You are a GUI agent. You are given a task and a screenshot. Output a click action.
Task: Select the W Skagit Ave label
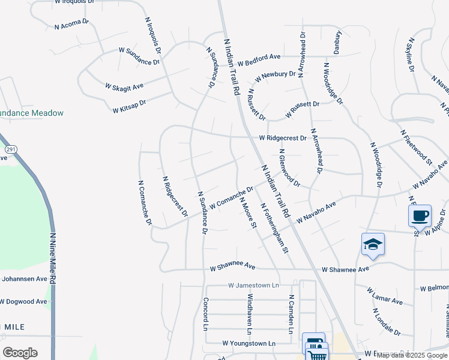[124, 88]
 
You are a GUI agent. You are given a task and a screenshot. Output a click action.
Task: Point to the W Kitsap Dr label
[129, 106]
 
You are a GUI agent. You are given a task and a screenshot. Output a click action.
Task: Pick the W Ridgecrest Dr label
[283, 138]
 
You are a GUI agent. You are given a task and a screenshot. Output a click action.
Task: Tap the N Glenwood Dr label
[289, 167]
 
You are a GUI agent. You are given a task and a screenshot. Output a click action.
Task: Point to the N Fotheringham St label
[274, 227]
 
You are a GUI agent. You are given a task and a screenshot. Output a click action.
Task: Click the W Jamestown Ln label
[254, 286]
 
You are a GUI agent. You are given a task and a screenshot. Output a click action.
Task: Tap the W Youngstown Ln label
[249, 343]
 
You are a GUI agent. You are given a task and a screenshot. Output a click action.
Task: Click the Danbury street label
[338, 43]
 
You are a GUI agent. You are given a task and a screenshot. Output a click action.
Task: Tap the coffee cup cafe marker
[420, 215]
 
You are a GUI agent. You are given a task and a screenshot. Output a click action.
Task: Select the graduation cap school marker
[373, 244]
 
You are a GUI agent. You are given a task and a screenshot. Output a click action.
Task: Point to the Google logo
[20, 352]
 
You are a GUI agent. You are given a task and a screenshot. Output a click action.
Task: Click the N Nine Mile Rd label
[53, 259]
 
